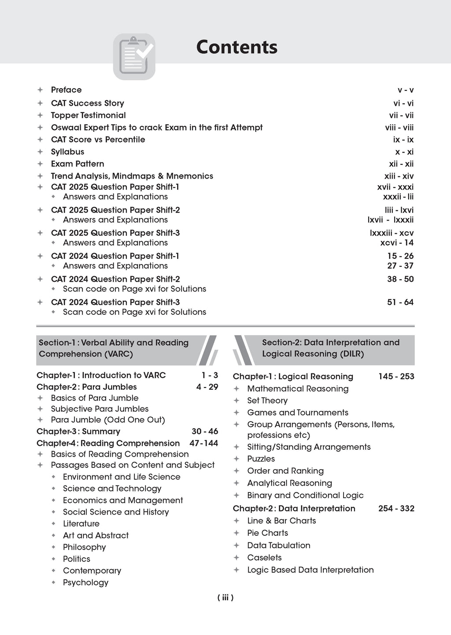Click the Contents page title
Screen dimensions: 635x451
(x=237, y=47)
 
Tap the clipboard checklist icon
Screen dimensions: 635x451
(x=134, y=56)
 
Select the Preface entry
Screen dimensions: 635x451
(x=66, y=90)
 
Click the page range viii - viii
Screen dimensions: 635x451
(x=399, y=127)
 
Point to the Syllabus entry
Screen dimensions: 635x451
(x=67, y=152)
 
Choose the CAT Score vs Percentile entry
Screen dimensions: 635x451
(x=98, y=139)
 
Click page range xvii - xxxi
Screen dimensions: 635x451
(x=392, y=187)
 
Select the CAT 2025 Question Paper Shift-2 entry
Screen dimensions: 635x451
(x=115, y=210)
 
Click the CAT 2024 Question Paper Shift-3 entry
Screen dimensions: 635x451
(x=115, y=302)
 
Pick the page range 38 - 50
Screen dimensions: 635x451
(x=400, y=279)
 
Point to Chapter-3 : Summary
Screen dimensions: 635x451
(x=78, y=431)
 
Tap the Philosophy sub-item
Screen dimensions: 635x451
(x=84, y=547)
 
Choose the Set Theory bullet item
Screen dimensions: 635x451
(x=267, y=400)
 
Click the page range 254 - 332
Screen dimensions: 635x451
(x=396, y=508)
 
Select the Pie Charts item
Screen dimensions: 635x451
(x=267, y=533)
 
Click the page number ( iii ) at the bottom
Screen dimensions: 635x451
(x=225, y=598)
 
